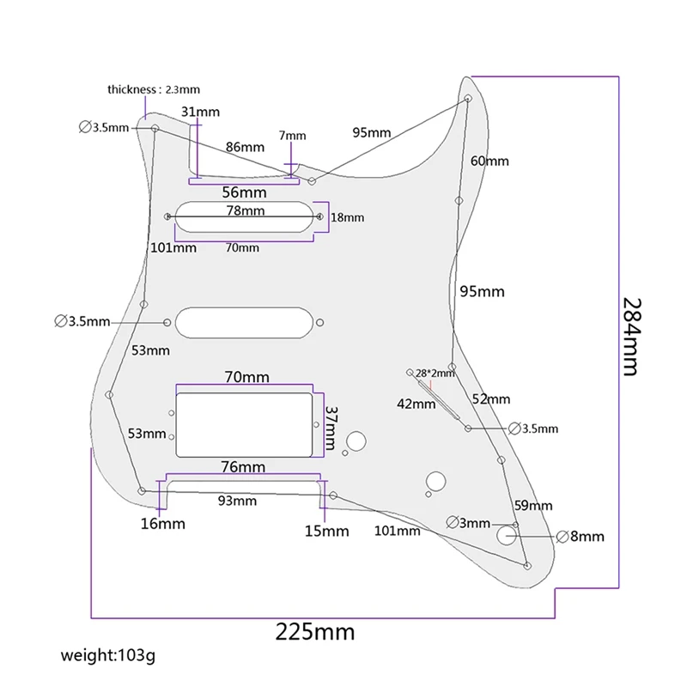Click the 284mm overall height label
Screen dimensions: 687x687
point(631,337)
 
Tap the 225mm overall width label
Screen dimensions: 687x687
point(314,633)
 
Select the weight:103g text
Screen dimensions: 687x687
point(108,657)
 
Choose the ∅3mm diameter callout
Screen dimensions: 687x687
point(469,523)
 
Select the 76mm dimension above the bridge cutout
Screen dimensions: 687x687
point(242,467)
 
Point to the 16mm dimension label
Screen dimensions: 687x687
point(161,523)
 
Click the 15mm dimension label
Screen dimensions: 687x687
point(326,531)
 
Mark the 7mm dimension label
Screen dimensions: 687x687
point(292,136)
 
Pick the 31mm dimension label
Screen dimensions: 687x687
point(200,112)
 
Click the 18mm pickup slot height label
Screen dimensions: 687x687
point(347,217)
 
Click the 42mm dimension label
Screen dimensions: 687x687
point(416,404)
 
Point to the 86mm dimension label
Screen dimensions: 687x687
point(244,147)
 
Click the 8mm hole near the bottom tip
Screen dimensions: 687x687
point(507,536)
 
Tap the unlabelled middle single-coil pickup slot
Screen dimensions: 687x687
point(243,322)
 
